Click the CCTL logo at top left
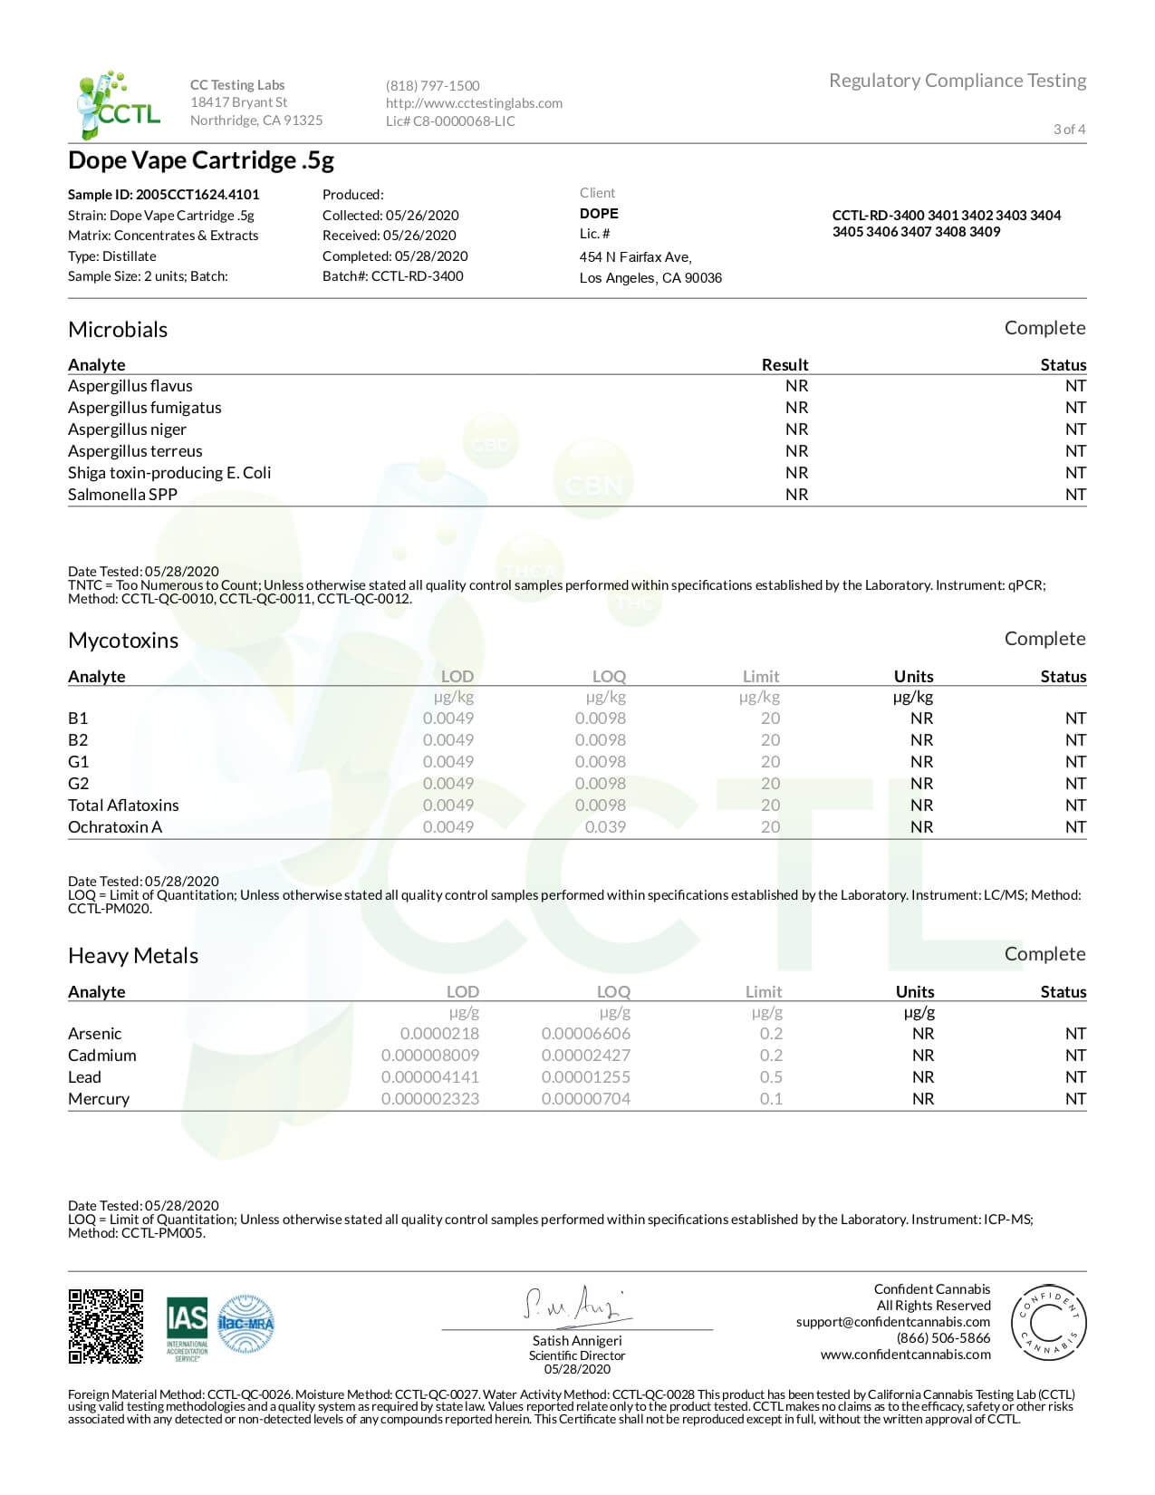click(x=119, y=104)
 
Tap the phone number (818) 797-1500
click(x=432, y=85)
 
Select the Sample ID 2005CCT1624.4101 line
click(x=164, y=194)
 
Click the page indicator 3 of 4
click(x=1069, y=129)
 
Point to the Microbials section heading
click(x=118, y=329)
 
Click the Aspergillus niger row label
click(x=127, y=429)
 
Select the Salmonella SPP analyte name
click(x=122, y=495)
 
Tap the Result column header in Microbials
click(x=784, y=364)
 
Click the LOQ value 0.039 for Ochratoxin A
click(x=605, y=827)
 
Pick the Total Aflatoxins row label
click(x=123, y=805)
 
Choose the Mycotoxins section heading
click(x=123, y=641)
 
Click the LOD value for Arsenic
click(x=439, y=1034)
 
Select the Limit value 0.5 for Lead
click(x=771, y=1077)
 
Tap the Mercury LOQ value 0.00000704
click(x=585, y=1099)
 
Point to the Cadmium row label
click(x=102, y=1056)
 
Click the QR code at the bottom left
click(x=106, y=1326)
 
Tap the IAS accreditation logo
click(x=187, y=1327)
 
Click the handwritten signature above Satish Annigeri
click(x=576, y=1304)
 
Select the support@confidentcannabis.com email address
click(x=892, y=1322)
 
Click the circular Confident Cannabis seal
click(x=1048, y=1322)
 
